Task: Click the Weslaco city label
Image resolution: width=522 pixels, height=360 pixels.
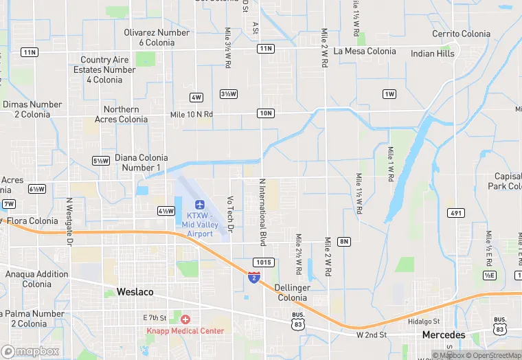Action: [135, 292]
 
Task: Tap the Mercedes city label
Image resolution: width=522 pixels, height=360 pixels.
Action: [443, 335]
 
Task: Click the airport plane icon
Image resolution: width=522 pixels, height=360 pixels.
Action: [200, 204]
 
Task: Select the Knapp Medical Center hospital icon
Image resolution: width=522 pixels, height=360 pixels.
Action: [185, 319]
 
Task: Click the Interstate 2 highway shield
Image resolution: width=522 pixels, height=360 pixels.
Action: [254, 277]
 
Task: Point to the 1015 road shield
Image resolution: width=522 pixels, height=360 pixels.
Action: [264, 262]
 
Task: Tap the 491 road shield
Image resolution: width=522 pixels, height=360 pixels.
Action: [455, 213]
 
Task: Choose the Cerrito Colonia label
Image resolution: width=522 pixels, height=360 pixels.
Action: [461, 34]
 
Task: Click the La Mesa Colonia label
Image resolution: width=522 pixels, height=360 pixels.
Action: [365, 52]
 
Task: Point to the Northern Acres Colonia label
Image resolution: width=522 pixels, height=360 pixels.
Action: [125, 114]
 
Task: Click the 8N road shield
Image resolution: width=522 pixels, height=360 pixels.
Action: [344, 241]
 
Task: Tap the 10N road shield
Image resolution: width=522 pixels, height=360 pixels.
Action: [266, 113]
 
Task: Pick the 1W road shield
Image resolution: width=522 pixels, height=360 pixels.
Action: [390, 93]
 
